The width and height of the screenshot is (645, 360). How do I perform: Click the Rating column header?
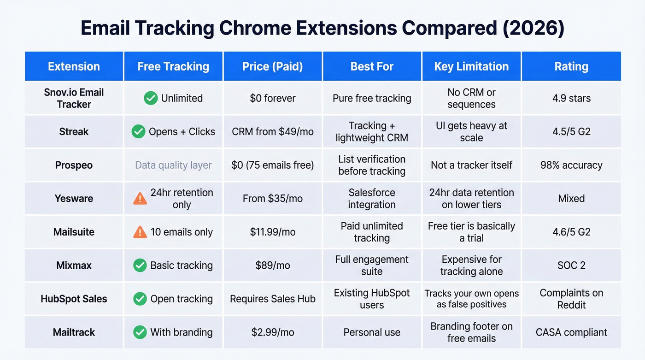[x=571, y=66]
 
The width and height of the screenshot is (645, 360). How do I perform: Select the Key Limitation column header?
[x=471, y=66]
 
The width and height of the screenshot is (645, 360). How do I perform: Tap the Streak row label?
[x=74, y=132]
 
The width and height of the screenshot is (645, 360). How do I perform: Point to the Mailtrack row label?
[x=74, y=332]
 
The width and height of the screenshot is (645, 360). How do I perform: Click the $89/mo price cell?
[x=273, y=266]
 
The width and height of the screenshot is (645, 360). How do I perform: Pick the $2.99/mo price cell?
[x=273, y=332]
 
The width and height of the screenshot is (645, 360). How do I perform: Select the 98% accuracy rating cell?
[x=571, y=165]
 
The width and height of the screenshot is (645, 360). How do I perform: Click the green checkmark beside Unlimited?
[x=151, y=98]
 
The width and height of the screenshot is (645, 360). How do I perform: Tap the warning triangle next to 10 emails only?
[x=140, y=232]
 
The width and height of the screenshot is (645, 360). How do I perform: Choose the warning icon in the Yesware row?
[x=140, y=198]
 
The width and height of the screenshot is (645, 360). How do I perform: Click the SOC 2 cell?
[x=571, y=266]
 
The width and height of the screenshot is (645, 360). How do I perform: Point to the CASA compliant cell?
[x=571, y=332]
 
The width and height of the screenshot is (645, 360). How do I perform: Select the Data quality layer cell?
[x=173, y=165]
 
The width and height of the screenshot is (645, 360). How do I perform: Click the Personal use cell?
[x=372, y=332]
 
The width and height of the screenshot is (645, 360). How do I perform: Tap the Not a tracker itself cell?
[x=471, y=165]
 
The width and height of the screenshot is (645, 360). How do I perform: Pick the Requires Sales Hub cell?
[x=273, y=299]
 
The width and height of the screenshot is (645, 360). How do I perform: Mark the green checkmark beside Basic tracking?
[x=140, y=266]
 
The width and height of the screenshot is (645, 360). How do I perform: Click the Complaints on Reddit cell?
[x=571, y=299]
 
